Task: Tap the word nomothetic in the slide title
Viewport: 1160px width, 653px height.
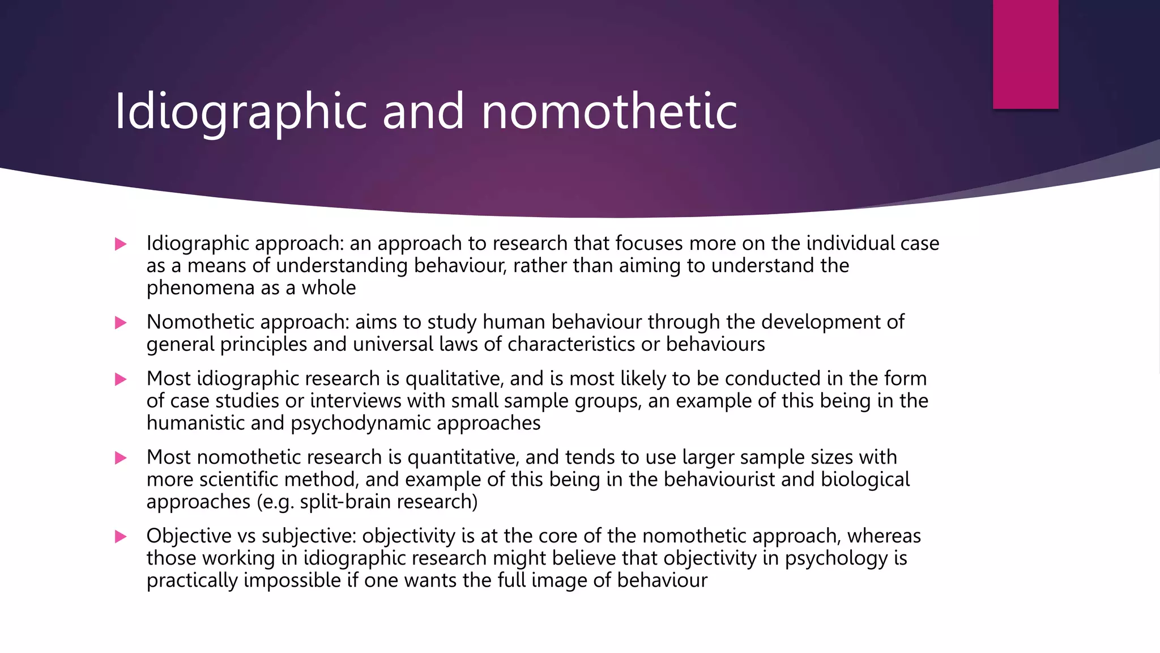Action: (x=609, y=112)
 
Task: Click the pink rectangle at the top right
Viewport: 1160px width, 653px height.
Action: (x=1025, y=54)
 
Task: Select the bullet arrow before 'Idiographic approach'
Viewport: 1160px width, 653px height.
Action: (x=121, y=244)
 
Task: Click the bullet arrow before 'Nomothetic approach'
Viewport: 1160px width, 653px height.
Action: (x=121, y=323)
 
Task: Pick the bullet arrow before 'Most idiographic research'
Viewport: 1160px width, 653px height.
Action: (x=121, y=379)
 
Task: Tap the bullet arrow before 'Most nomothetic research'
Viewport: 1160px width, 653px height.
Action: (x=121, y=458)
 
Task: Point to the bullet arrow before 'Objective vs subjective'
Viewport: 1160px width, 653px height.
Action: (x=121, y=537)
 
